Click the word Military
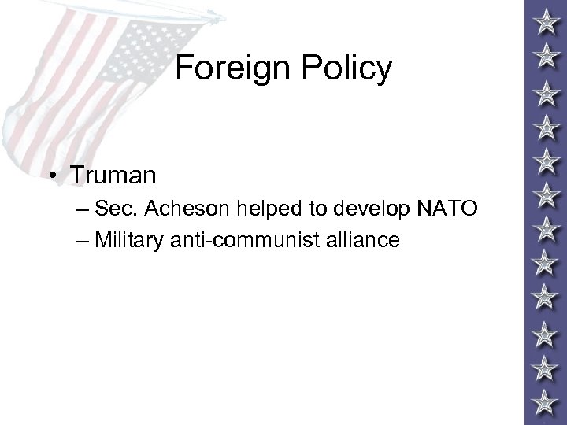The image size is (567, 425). [x=129, y=239]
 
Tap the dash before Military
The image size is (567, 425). [x=84, y=239]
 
